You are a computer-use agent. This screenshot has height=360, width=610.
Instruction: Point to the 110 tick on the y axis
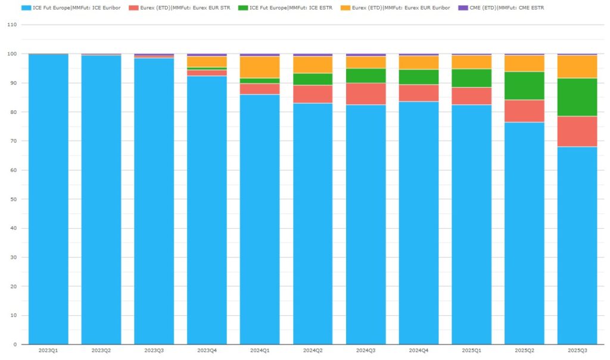pos(12,25)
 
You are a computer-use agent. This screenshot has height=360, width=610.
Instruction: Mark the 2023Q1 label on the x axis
pos(48,350)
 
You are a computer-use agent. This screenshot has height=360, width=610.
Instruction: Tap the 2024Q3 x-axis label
pos(366,350)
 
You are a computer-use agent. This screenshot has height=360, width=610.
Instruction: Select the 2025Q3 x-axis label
pos(577,350)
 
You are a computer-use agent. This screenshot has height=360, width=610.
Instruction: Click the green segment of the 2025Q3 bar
pos(577,97)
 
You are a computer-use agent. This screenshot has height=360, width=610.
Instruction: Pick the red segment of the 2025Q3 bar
pos(577,131)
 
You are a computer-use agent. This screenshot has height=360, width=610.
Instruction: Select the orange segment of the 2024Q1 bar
pos(260,67)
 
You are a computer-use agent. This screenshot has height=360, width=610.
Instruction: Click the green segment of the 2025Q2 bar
pos(524,86)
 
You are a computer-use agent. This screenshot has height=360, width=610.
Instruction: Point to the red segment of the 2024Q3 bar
pos(366,94)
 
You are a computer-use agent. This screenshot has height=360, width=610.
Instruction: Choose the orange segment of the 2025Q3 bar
pos(577,67)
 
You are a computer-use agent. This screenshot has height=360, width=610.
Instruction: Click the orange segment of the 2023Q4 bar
pos(207,62)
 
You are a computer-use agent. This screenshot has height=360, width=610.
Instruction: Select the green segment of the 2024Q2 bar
pos(313,79)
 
